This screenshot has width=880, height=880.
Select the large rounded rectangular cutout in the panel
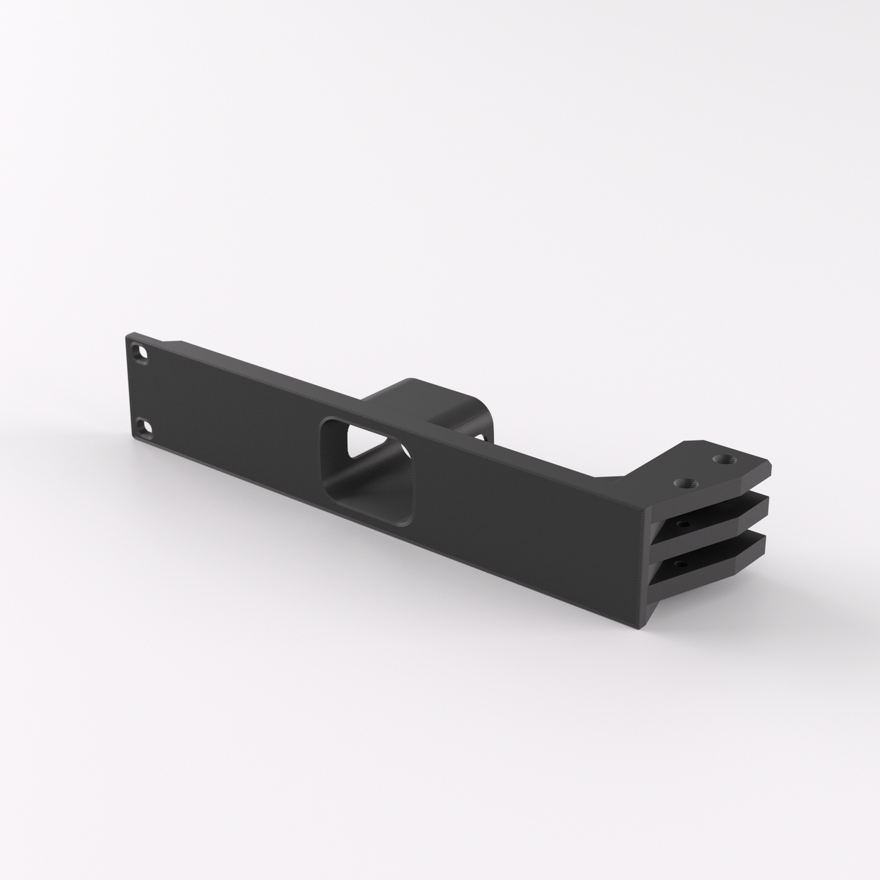point(369,469)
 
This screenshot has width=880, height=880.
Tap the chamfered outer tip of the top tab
point(769,469)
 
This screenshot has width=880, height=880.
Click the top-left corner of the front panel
point(128,334)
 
